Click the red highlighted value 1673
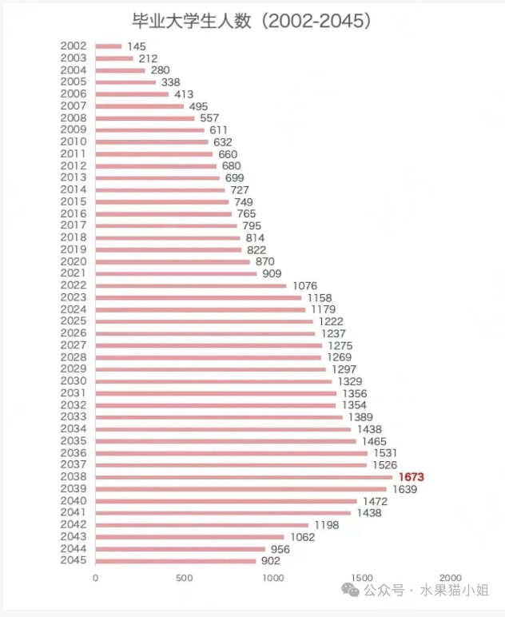pyautogui.click(x=412, y=477)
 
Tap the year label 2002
pyautogui.click(x=74, y=46)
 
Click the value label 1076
pyautogui.click(x=305, y=285)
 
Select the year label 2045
pyautogui.click(x=74, y=560)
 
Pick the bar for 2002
pyautogui.click(x=108, y=46)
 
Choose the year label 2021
pyautogui.click(x=74, y=273)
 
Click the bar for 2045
pyautogui.click(x=176, y=560)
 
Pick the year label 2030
pyautogui.click(x=74, y=381)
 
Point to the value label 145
pyautogui.click(x=137, y=46)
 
